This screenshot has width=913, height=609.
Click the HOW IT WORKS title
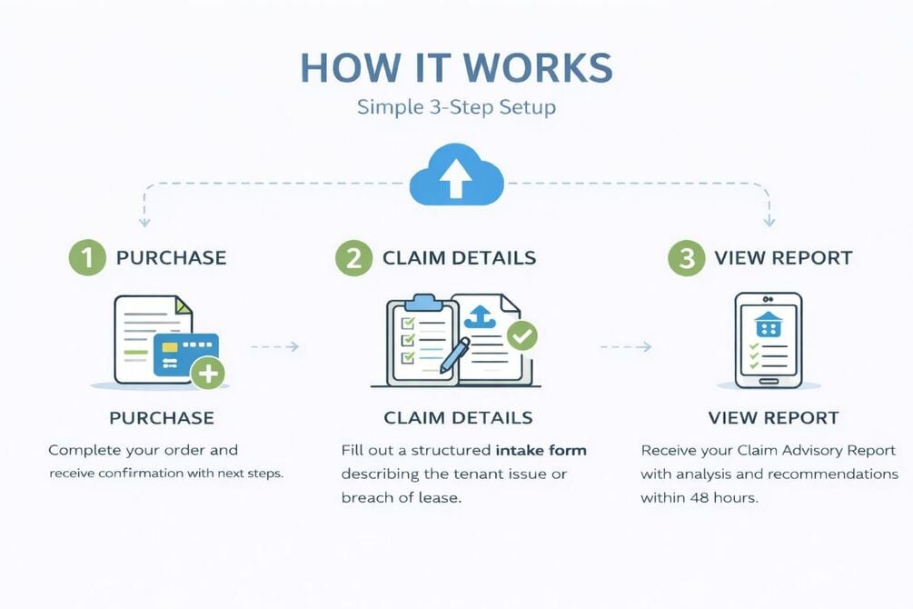[456, 68]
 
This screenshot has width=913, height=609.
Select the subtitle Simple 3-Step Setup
[456, 107]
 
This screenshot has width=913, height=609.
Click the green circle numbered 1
[88, 257]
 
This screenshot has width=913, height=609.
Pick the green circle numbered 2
[353, 257]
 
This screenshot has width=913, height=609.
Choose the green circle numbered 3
[686, 257]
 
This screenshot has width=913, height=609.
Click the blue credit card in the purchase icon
[185, 354]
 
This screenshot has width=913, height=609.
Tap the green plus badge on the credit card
[208, 372]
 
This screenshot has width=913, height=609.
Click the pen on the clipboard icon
[454, 354]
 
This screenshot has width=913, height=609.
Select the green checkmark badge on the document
[521, 335]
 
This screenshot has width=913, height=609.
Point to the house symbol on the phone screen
[768, 324]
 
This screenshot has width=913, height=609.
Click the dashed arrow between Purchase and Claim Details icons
[274, 346]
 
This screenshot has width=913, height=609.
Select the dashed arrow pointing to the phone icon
[627, 346]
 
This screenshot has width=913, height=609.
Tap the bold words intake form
[541, 450]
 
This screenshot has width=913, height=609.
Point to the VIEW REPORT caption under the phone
[773, 418]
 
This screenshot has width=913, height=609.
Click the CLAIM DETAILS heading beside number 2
[459, 257]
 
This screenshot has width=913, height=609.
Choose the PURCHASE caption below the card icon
[162, 418]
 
